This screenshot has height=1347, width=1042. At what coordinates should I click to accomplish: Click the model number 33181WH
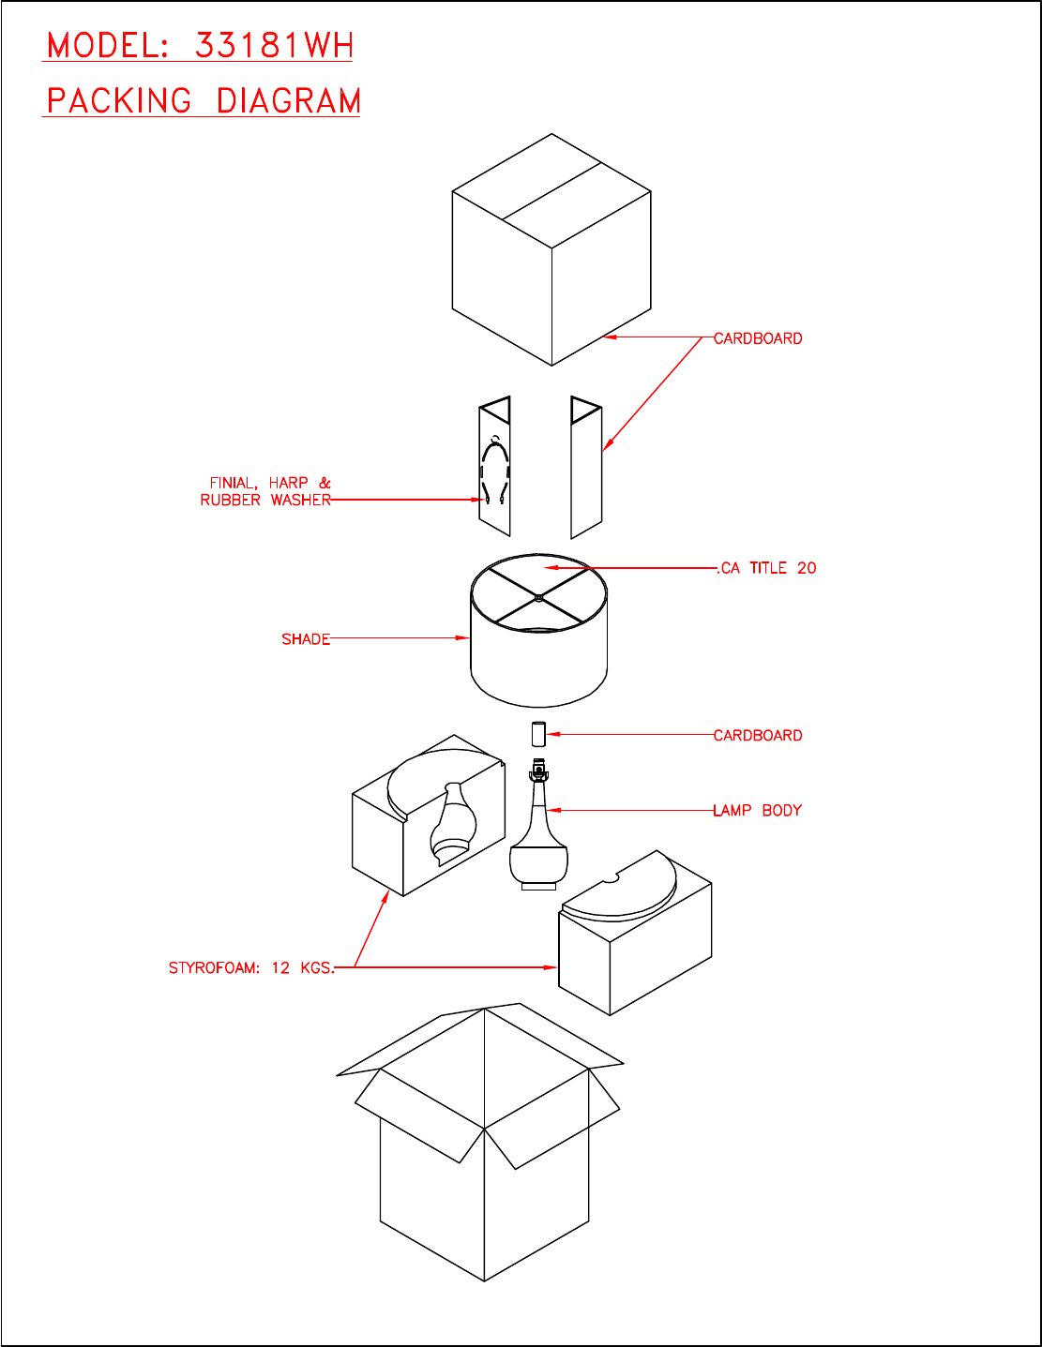(x=274, y=45)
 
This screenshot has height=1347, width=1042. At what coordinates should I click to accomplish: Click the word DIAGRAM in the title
(x=289, y=101)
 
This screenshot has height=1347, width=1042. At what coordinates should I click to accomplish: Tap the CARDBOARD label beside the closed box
(x=757, y=338)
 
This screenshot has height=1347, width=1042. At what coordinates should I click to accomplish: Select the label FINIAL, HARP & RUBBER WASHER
(x=265, y=491)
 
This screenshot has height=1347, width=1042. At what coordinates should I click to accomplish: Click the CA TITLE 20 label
(x=766, y=568)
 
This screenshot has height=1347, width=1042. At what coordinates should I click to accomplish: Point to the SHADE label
(x=305, y=639)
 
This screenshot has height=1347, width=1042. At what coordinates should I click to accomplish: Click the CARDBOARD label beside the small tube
(x=757, y=735)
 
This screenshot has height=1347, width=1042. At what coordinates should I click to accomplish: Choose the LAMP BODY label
(x=757, y=810)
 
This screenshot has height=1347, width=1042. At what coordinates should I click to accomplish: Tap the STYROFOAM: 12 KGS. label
(x=251, y=967)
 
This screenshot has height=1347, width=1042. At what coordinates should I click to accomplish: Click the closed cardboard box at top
(x=551, y=249)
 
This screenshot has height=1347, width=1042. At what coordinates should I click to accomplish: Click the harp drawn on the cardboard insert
(x=495, y=470)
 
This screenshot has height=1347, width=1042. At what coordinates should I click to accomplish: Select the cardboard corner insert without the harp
(x=586, y=468)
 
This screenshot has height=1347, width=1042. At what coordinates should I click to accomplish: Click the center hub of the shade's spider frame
(x=538, y=597)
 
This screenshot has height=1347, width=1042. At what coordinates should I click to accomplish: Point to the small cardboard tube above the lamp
(x=538, y=734)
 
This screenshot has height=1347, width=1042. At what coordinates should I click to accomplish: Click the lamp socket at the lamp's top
(x=538, y=771)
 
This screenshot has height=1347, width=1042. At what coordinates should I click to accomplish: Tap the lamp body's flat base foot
(x=538, y=887)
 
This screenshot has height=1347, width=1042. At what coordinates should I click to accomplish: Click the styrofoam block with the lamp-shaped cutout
(x=429, y=816)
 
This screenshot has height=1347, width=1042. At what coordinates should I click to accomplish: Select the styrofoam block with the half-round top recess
(x=635, y=933)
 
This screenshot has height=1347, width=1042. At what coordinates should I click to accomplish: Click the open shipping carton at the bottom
(x=480, y=1142)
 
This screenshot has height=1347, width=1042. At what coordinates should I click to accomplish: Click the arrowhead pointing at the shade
(x=462, y=637)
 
